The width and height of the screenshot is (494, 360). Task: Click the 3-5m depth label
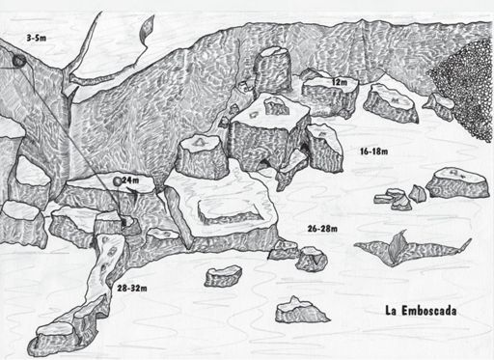(x=37, y=38)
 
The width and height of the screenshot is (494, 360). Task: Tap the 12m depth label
(x=340, y=82)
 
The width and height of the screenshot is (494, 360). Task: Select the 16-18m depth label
(x=374, y=152)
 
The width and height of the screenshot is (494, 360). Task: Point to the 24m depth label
(x=130, y=180)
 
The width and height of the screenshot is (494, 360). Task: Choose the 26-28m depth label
(x=322, y=229)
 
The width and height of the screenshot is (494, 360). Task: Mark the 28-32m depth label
(x=132, y=289)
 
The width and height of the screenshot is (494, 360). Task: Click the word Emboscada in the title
(x=429, y=311)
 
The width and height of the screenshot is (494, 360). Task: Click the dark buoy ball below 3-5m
(x=19, y=61)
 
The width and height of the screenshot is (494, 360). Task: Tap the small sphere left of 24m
(x=118, y=181)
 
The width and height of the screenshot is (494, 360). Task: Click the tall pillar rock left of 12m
(x=273, y=69)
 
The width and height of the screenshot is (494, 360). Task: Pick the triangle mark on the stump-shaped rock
(x=200, y=142)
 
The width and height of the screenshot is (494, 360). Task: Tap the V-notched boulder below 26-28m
(x=311, y=259)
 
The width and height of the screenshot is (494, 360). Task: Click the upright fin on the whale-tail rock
(x=397, y=246)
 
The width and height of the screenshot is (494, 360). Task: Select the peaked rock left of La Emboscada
(x=301, y=310)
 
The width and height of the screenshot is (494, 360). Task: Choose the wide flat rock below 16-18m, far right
(x=458, y=182)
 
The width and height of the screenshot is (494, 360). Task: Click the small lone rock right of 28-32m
(x=223, y=276)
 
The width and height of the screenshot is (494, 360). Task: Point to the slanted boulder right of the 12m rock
(x=391, y=103)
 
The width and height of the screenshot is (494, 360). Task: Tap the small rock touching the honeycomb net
(x=439, y=106)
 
